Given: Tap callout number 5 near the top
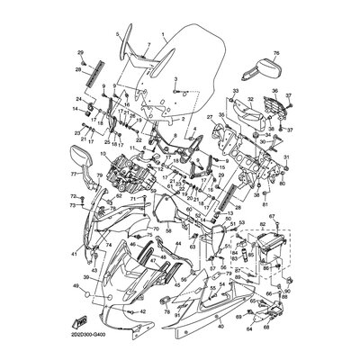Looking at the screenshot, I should (x=116, y=34).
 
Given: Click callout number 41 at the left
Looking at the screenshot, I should (x=75, y=255).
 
